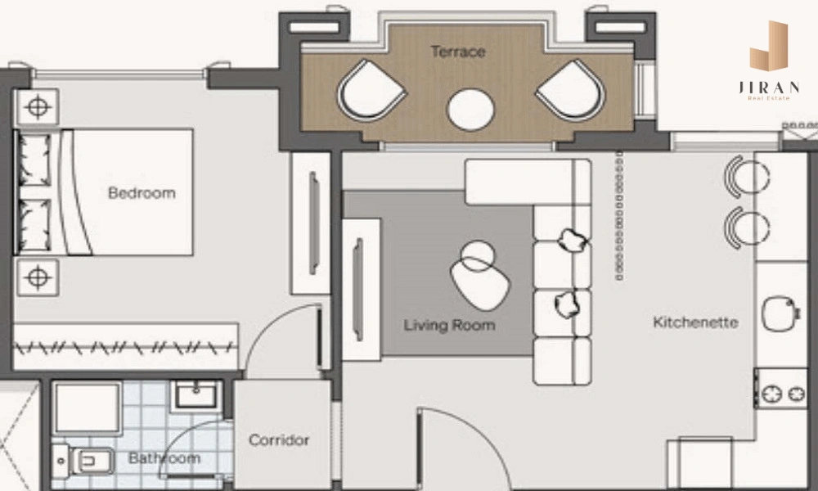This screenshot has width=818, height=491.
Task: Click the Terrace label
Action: pos(458,52)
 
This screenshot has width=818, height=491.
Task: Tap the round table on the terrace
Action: pos(470,110)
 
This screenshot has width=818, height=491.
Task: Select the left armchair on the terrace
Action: pos(371,91)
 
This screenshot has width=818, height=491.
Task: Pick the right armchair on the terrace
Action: pos(571,91)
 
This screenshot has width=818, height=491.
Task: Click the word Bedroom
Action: pos(142,193)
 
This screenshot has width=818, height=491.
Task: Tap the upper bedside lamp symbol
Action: pos(38,107)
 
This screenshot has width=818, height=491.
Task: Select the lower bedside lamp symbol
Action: pos(38,277)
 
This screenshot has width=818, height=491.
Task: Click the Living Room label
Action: pos(449,325)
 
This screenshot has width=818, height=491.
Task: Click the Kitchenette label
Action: pos(695,322)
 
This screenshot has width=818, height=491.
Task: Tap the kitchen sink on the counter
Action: pos(780,313)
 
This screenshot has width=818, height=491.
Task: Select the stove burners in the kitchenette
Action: pos(783,394)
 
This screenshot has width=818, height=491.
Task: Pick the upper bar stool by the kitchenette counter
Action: pos(746,177)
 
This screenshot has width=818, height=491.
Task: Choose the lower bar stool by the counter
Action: pos(746,228)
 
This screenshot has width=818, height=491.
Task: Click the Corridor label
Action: pos(279,440)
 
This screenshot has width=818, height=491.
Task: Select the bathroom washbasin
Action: pos(196,395)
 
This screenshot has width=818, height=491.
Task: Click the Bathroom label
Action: pos(164,458)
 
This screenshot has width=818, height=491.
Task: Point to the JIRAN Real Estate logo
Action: pos(769,61)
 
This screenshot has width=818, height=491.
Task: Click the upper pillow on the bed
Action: pos(35,160)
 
